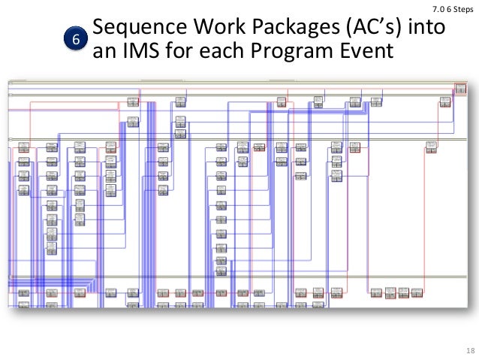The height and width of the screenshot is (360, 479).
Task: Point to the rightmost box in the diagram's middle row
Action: coord(432,149)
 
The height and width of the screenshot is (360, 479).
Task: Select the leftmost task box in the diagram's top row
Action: coord(133,101)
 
